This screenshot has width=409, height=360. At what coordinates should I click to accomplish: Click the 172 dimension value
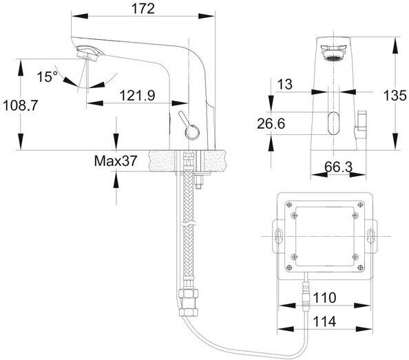143,8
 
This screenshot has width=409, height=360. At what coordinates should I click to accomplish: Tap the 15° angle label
47,76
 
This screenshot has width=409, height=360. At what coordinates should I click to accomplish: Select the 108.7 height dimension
21,105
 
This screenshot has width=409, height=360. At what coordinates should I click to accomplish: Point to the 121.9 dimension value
137,95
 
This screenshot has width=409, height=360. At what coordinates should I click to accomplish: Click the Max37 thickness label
115,160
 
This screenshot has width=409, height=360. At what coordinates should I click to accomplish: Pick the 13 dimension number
285,84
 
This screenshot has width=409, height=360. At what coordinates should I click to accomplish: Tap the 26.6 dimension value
271,123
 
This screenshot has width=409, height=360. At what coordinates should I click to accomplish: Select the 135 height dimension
395,95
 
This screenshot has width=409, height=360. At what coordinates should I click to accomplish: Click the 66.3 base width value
338,167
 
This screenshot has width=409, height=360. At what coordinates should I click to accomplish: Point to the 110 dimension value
324,297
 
